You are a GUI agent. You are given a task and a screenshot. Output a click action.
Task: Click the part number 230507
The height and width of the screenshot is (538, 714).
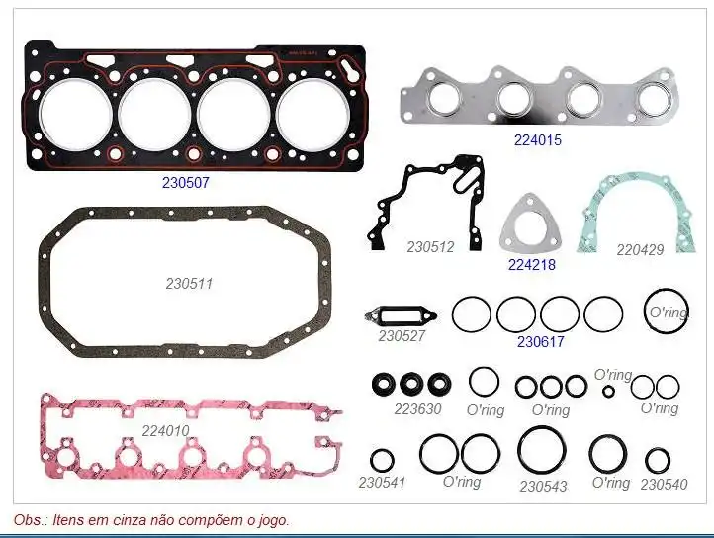186,183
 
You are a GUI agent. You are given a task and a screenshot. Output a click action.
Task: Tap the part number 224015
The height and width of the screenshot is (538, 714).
538,139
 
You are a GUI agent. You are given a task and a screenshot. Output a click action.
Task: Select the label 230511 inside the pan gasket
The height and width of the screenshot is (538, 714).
189,284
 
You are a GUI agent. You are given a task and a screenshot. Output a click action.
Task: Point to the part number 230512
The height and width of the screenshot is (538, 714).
430,247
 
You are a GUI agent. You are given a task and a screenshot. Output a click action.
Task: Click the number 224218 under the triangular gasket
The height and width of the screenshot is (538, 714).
532,265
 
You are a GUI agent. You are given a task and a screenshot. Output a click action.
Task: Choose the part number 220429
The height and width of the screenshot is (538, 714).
640,249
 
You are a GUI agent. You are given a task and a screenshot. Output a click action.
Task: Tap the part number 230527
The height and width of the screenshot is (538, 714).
402,336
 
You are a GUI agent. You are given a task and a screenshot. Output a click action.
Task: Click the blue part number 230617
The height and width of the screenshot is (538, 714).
541,341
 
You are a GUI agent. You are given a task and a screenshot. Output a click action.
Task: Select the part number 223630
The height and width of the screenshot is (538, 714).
417,409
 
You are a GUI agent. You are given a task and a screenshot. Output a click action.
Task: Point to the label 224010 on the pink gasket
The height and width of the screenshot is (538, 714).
165,430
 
